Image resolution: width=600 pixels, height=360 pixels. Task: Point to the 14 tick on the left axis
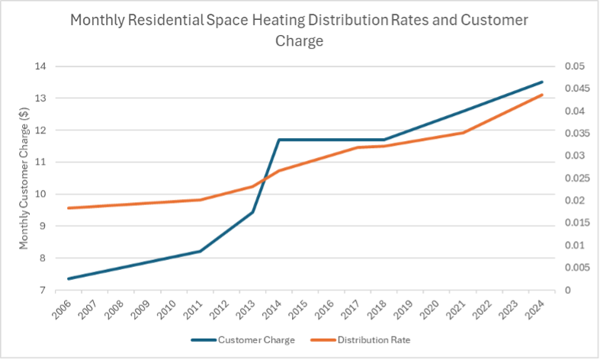tap(41, 66)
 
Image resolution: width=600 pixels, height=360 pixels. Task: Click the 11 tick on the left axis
tap(41, 162)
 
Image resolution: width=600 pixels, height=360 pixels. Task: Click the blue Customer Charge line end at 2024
tap(542, 82)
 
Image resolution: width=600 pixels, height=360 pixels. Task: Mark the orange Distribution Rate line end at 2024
tap(542, 95)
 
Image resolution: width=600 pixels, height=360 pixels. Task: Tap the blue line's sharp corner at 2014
tap(279, 140)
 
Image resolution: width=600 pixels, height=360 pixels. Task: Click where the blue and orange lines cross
tap(259, 182)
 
